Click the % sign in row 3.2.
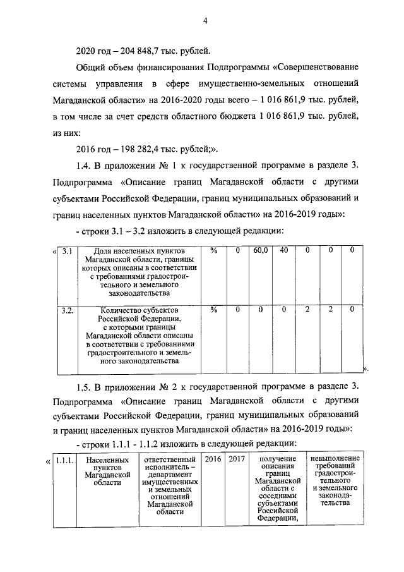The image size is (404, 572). [x=214, y=310]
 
